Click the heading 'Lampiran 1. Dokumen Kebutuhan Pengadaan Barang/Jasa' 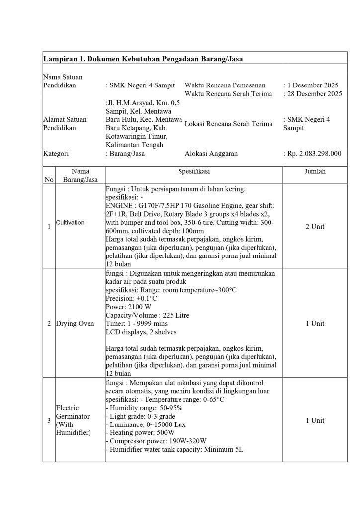click(x=143, y=59)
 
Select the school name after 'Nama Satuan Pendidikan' click(x=141, y=85)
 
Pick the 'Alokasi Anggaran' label click(x=211, y=154)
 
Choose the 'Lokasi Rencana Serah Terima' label click(x=228, y=124)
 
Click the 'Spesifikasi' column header click(x=194, y=172)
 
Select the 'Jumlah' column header click(x=315, y=172)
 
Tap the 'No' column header click(x=49, y=180)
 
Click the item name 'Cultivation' click(x=70, y=223)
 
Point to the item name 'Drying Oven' click(x=75, y=324)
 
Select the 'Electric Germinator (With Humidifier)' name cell click(x=74, y=420)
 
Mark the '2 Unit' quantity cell click(x=315, y=227)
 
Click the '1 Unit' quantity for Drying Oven click(x=315, y=324)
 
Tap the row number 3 click(x=49, y=421)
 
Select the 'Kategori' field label click(x=56, y=154)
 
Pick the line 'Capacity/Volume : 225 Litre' click(x=148, y=315)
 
